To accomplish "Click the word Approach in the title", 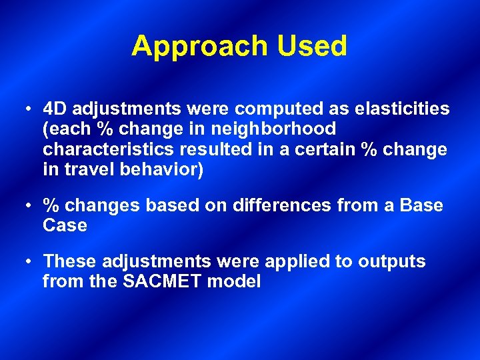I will (x=199, y=47).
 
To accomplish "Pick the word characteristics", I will (x=104, y=149).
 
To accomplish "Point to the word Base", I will (x=421, y=205).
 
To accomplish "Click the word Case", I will (x=65, y=225).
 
